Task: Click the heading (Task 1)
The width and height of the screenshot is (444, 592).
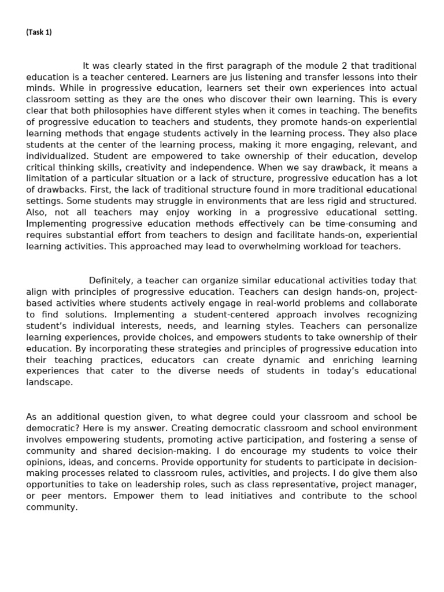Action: click(39, 32)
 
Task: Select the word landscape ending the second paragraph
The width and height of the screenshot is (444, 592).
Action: click(49, 382)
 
